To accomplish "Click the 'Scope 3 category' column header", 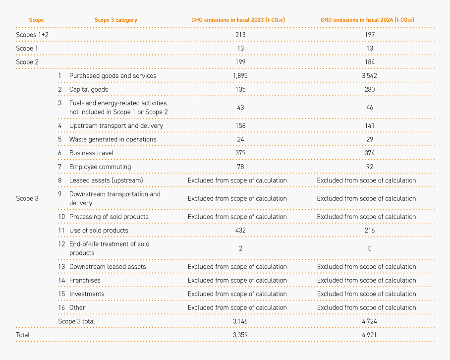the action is click(116, 20).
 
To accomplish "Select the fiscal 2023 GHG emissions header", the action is click(238, 20).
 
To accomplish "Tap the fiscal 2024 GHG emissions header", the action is click(367, 20).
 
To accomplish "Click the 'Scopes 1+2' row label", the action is click(32, 35).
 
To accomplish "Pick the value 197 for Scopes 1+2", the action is click(370, 35).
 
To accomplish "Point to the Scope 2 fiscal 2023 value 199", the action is click(240, 62).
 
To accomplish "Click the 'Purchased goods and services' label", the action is click(113, 76).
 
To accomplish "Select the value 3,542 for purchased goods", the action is click(370, 76).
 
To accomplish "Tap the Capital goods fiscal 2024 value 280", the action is click(370, 89).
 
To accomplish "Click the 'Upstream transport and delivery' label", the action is click(116, 126).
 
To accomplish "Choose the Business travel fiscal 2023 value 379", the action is click(240, 153).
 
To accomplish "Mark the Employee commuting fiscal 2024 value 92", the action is click(370, 167).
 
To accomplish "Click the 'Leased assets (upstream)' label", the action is click(106, 180).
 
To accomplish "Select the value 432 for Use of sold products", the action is click(240, 230).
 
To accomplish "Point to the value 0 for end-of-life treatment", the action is click(370, 248).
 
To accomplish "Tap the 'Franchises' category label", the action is click(85, 280).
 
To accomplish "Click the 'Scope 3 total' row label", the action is click(76, 321).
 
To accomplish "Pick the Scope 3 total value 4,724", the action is click(370, 321).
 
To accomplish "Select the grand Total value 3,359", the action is click(240, 335).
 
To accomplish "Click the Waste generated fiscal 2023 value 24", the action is click(240, 139).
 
